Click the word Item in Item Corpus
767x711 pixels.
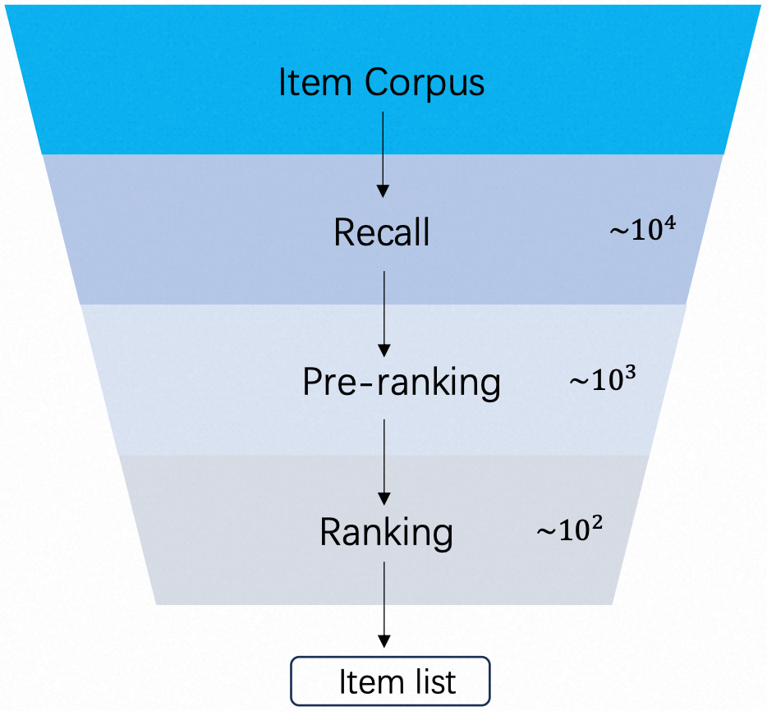[315, 82]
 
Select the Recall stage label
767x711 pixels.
[382, 232]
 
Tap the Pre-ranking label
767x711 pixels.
[402, 383]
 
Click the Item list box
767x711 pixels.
[390, 681]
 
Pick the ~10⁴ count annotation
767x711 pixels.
[643, 229]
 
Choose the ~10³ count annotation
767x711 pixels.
[603, 379]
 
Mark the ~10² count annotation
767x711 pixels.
[569, 529]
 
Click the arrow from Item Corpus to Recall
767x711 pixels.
[383, 154]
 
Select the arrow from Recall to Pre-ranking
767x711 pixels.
[384, 314]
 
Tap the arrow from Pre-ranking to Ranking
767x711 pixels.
[384, 462]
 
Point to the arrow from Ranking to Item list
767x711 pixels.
[384, 605]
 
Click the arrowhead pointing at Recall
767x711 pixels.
[383, 191]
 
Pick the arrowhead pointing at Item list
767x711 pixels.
[384, 641]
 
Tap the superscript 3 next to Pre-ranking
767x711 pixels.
[630, 374]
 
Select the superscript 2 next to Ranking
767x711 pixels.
[597, 524]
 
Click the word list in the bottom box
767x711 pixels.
[432, 681]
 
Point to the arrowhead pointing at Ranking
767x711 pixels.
[384, 499]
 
